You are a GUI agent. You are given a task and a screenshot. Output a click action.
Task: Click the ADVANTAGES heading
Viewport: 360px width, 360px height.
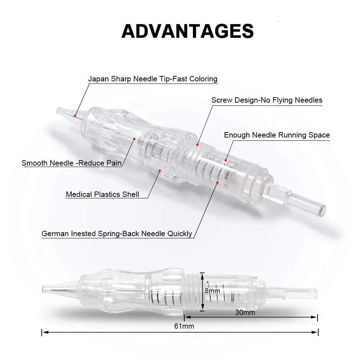point(188,31)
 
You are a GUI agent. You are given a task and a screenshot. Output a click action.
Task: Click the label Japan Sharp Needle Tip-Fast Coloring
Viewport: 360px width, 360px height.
point(153,79)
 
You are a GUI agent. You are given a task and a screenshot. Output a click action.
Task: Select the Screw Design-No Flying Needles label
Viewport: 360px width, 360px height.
point(267,100)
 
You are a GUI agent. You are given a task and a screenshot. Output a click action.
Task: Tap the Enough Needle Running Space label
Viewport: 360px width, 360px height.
point(277,135)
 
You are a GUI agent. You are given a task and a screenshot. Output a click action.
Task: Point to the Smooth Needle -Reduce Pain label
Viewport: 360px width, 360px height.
point(71,163)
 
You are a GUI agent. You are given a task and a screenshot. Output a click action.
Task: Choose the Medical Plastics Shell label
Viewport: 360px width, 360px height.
point(102,194)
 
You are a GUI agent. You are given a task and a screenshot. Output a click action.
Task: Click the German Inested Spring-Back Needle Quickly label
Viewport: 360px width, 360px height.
point(117,234)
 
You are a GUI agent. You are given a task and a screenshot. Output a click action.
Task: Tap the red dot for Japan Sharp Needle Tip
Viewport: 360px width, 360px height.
point(75,116)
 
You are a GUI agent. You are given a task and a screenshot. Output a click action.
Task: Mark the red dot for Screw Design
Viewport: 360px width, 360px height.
point(197,145)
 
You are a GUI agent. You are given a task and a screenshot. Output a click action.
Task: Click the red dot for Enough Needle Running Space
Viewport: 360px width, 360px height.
point(226,160)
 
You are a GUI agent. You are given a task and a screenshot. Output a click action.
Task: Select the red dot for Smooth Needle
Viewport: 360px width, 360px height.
point(134,139)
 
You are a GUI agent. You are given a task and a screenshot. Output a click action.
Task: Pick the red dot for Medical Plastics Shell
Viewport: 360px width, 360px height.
point(160,171)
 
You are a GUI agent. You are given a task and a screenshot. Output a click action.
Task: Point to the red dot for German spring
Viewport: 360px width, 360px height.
point(217,183)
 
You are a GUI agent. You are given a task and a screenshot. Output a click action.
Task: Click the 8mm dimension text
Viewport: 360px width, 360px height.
point(212,291)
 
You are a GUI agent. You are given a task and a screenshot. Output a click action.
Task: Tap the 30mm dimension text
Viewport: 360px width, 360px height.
point(245,312)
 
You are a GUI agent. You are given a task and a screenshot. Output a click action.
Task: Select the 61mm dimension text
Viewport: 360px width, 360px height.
point(184,326)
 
